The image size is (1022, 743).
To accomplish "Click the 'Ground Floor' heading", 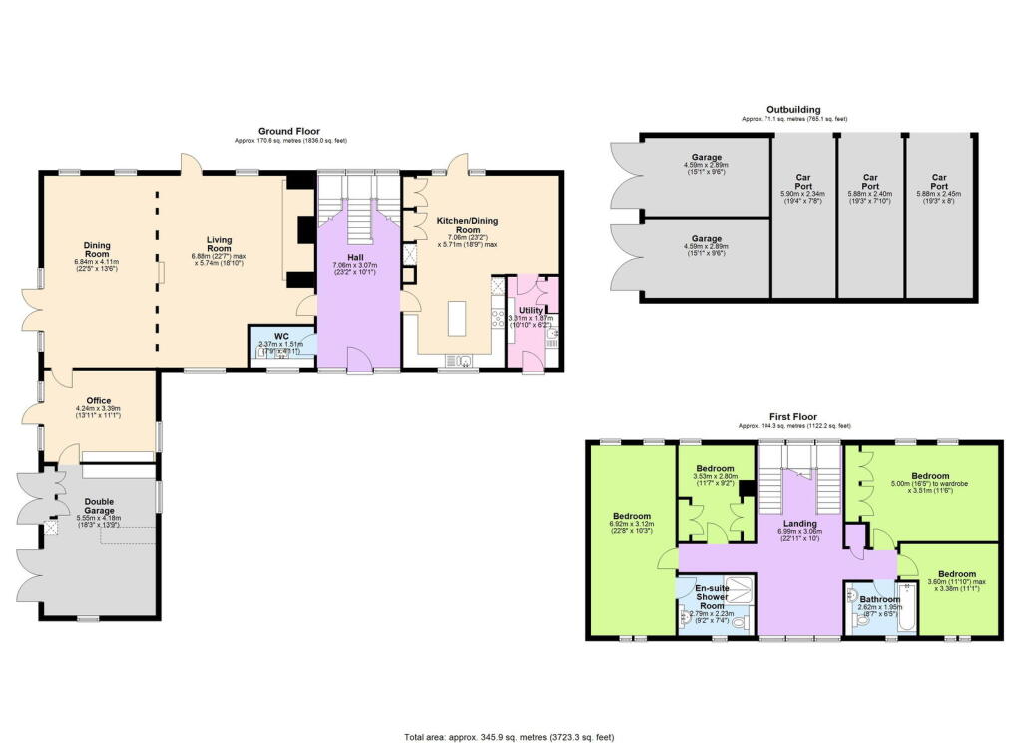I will tap(286, 131).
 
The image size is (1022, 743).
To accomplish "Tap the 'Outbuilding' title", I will tap(793, 109).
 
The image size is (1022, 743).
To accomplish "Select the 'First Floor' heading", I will tap(793, 416).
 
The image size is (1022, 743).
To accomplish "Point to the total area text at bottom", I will tap(509, 736).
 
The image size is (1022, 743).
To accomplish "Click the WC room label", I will tap(282, 335).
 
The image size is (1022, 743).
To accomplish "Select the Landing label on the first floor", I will tap(799, 523).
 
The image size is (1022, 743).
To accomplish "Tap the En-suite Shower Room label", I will tap(711, 595).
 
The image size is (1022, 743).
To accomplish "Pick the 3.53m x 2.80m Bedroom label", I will tap(715, 468).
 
